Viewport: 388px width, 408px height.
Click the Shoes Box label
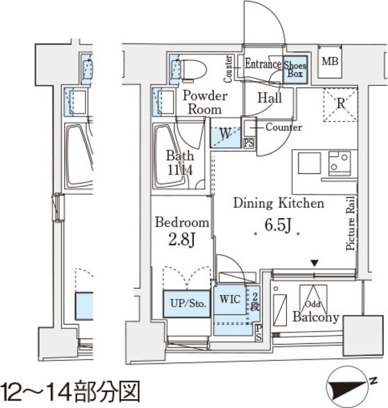295,69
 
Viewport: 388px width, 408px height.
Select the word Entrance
262,64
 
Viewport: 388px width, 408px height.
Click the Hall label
269,98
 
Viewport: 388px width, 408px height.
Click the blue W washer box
225,133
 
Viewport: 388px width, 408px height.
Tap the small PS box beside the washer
249,143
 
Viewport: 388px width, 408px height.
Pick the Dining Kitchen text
278,204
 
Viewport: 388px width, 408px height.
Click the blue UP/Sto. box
186,303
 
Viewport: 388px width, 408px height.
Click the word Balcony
315,318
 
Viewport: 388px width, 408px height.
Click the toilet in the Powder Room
194,70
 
